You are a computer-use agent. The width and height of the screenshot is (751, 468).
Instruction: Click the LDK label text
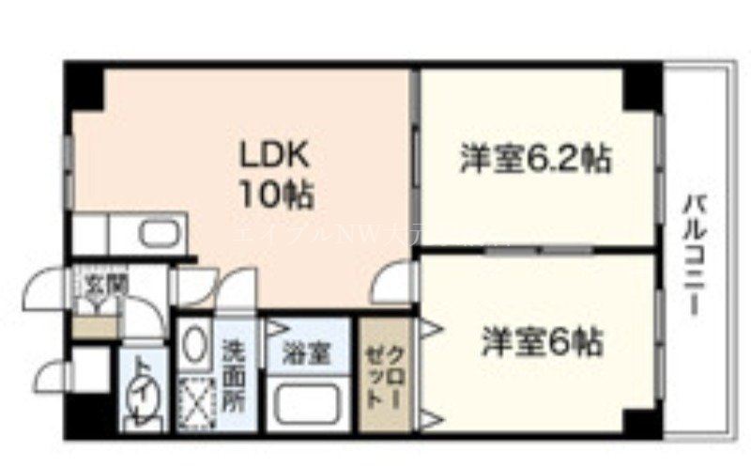(x=273, y=153)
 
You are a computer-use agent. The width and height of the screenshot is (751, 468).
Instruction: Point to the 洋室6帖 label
(x=543, y=341)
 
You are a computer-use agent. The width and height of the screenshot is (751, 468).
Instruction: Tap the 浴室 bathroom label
(x=306, y=354)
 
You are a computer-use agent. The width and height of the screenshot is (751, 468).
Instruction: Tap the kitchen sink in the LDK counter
(x=149, y=232)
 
